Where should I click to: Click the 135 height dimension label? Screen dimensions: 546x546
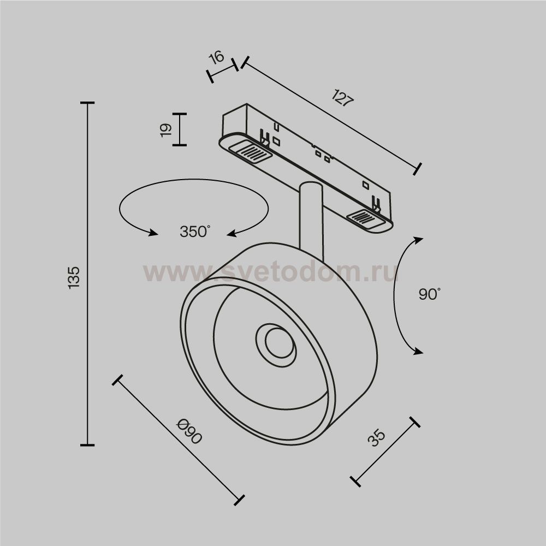pos(74,277)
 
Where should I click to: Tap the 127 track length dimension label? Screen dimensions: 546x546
pos(343,98)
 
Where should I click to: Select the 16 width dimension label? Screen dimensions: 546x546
pos(217,57)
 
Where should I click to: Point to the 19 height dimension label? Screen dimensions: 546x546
pos(166,130)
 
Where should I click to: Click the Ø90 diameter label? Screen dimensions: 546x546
pos(189,432)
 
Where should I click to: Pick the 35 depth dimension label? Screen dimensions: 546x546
pos(376,438)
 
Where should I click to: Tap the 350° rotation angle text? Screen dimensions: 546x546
pos(195,232)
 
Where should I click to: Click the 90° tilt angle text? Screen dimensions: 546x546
pos(429,294)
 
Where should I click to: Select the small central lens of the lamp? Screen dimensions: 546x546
pos(279,342)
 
